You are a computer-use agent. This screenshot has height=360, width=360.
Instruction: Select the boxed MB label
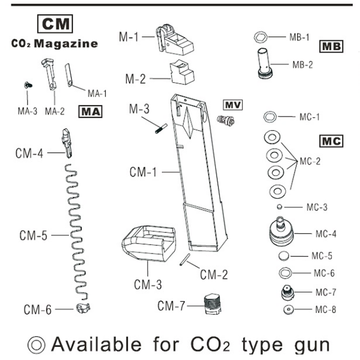click(332, 46)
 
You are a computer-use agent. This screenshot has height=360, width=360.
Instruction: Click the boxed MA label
click(90, 111)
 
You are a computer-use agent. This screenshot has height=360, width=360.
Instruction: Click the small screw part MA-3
click(28, 84)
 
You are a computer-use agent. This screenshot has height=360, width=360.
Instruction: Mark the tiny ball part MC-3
click(279, 207)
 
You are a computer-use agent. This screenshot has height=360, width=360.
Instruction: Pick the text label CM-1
click(143, 172)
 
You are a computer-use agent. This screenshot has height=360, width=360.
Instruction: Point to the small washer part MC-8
click(287, 310)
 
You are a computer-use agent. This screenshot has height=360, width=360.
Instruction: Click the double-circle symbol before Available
click(37, 345)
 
